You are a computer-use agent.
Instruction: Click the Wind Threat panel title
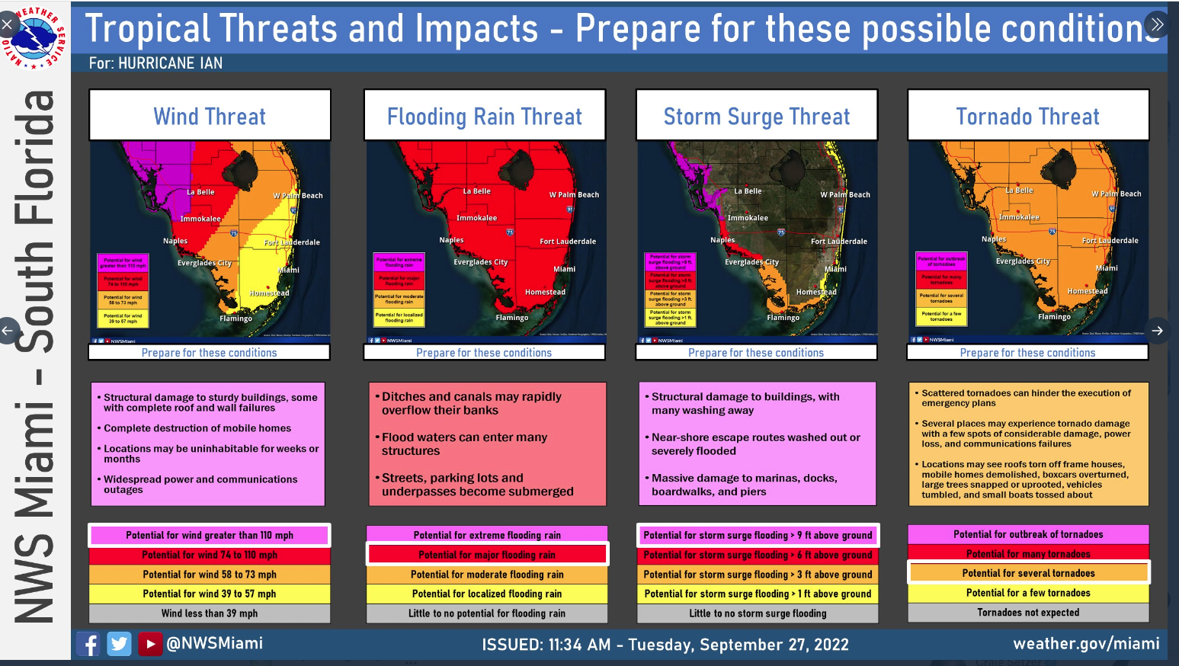pos(210,116)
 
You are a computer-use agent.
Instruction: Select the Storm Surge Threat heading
pos(756,116)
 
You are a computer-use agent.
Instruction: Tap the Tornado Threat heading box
pos(1027,116)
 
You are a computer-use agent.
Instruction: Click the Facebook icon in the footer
pos(88,644)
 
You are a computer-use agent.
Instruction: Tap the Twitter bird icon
pos(119,644)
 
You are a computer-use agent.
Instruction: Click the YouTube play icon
pos(150,644)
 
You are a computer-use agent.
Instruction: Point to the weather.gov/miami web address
pos(1086,644)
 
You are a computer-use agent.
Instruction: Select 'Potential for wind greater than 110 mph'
pos(210,535)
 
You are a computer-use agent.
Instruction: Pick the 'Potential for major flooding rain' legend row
pos(487,555)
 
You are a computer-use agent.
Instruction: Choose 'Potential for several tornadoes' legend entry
pos(1028,573)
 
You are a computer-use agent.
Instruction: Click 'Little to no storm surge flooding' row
pos(758,613)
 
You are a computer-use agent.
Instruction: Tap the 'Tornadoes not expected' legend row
pos(1028,613)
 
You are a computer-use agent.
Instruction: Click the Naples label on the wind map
pos(175,241)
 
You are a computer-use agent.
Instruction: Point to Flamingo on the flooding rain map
pos(512,318)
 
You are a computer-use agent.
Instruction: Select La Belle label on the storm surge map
pos(748,191)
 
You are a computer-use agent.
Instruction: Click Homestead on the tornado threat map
pos(1088,291)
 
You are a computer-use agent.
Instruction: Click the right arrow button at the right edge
pos(1157,331)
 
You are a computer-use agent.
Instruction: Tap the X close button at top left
pos(7,24)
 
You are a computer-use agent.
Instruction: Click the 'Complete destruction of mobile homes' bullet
pos(197,428)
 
